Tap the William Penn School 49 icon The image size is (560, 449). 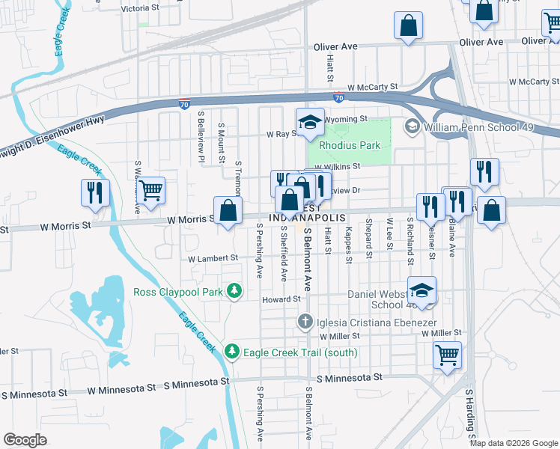tap(412, 127)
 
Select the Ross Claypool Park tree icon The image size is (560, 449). tap(235, 290)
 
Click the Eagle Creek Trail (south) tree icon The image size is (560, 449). tap(233, 351)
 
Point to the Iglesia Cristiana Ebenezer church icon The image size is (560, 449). tap(305, 322)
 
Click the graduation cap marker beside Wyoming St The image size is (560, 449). tap(309, 122)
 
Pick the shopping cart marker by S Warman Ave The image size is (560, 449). tap(151, 191)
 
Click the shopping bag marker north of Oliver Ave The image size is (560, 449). tap(409, 26)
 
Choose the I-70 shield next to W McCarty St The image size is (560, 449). tap(338, 98)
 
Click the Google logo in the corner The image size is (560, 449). tap(25, 439)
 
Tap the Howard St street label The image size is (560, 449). tap(281, 299)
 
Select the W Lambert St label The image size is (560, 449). tap(213, 258)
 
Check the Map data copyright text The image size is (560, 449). tap(514, 443)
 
